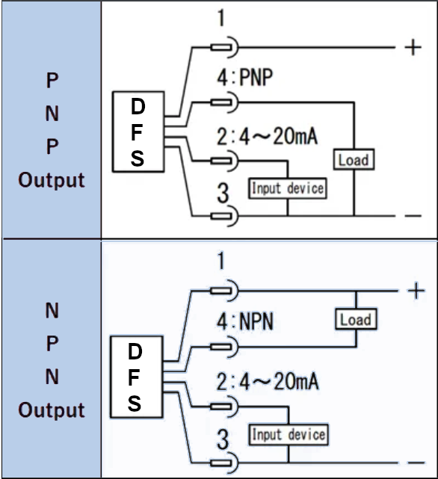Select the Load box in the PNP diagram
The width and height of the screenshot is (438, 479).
353,160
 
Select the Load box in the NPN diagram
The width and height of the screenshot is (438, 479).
355,320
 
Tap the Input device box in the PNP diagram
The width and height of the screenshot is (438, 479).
288,188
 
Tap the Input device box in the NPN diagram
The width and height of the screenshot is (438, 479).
289,434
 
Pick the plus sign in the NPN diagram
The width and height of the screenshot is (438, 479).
416,291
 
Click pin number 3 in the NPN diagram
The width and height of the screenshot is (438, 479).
222,439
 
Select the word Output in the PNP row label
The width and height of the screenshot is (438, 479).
52,180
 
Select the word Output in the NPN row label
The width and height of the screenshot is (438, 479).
52,410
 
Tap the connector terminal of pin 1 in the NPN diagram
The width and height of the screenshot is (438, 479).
225,291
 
